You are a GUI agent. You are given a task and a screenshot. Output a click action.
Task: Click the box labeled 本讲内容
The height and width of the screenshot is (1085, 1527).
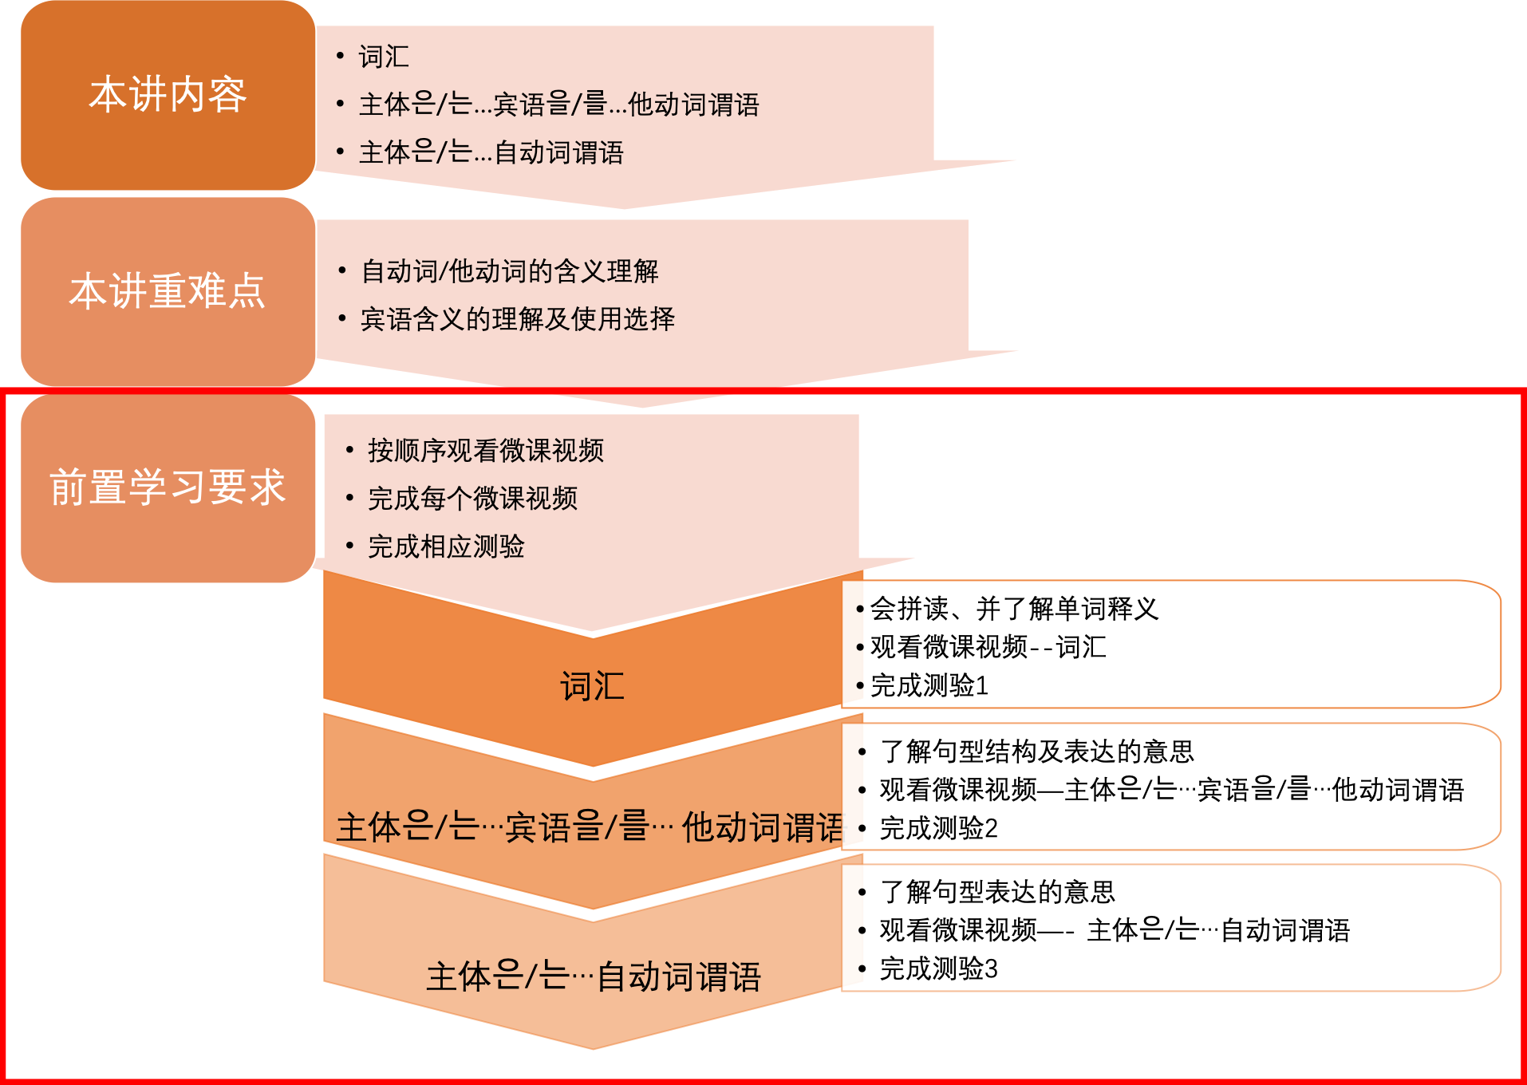[168, 95]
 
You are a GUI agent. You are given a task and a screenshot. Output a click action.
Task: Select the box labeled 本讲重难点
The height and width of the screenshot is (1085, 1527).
[168, 290]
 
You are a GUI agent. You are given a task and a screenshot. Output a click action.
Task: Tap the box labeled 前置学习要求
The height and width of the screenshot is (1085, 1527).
[168, 487]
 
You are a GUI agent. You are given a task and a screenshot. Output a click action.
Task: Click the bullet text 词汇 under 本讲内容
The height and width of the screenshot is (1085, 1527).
[384, 57]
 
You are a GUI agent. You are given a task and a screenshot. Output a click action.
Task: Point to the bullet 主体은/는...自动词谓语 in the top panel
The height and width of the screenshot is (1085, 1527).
[491, 152]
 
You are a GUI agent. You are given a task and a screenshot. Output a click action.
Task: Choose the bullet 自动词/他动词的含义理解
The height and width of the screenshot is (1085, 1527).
[510, 271]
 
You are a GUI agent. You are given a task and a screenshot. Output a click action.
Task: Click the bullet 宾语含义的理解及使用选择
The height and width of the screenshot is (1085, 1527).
[518, 319]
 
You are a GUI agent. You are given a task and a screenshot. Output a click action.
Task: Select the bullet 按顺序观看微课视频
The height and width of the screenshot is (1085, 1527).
[486, 451]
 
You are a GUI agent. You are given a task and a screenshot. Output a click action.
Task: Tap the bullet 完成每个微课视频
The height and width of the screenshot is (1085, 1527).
[472, 499]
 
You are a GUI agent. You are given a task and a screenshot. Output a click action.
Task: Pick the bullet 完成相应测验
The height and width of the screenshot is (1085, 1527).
[446, 546]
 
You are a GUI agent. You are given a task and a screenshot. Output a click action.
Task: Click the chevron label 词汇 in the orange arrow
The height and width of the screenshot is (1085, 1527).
[592, 686]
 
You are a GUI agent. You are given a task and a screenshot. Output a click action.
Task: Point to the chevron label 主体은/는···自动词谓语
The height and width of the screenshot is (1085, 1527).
[594, 977]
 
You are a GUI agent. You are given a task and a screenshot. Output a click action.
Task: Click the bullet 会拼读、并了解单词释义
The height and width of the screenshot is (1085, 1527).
[1014, 609]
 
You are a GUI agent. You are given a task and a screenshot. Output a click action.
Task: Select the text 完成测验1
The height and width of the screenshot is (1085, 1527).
[929, 685]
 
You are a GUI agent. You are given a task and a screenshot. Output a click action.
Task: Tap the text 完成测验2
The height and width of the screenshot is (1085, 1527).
[938, 828]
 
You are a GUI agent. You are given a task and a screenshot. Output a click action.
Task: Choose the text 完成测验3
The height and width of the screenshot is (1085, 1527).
[938, 969]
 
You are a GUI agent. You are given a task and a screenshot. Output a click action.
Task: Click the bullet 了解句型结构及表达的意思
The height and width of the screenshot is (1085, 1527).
[1036, 751]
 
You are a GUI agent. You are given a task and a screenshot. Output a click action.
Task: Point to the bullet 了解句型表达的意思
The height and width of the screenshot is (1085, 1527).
[997, 891]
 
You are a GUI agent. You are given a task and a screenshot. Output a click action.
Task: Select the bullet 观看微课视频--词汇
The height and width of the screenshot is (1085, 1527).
[988, 647]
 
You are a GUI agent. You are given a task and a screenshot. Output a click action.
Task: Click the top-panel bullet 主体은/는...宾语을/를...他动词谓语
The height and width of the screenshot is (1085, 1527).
[558, 105]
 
